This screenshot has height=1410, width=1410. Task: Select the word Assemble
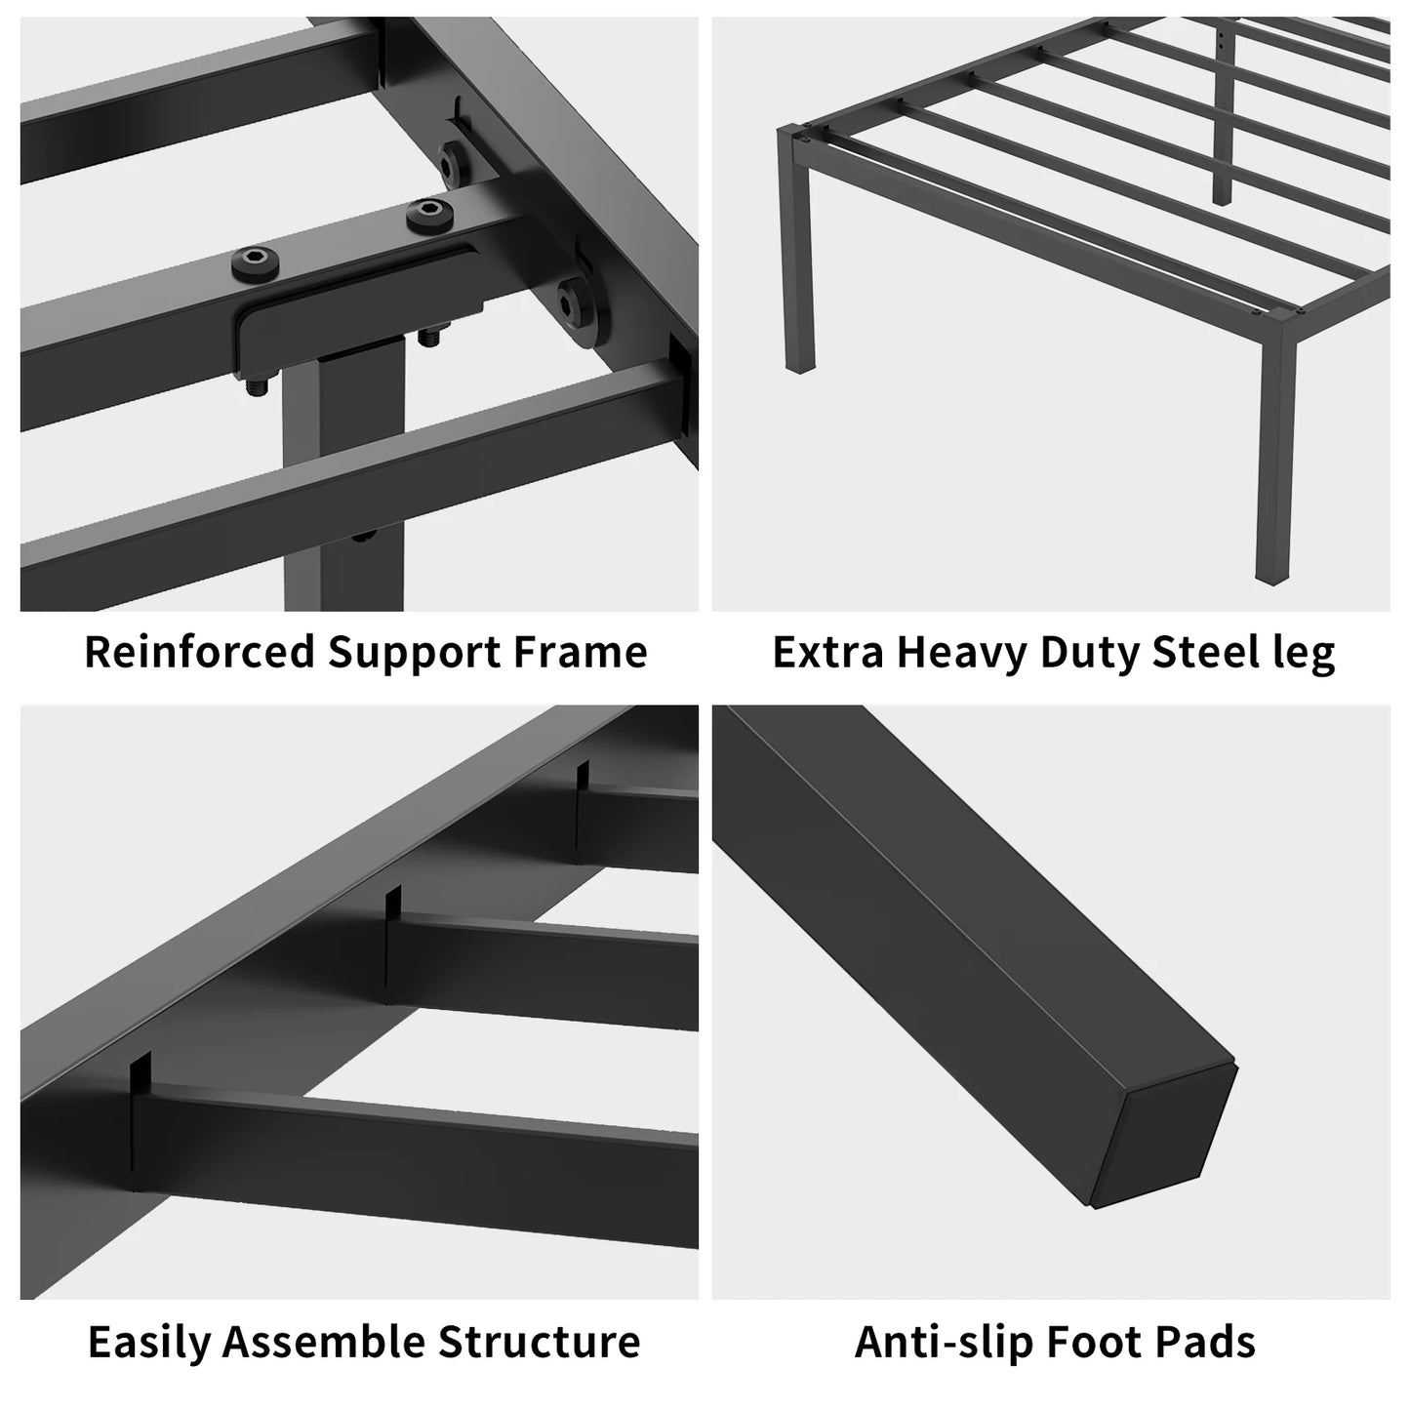(x=324, y=1342)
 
